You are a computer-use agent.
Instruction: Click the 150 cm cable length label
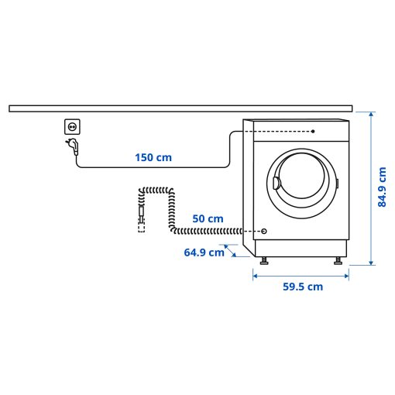(153, 157)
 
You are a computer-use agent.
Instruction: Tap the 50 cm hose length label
(208, 219)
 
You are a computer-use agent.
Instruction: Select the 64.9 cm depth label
(204, 252)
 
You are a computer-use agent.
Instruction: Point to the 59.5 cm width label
(302, 287)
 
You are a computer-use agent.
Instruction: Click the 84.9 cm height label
(382, 189)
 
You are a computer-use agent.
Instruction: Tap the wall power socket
(72, 126)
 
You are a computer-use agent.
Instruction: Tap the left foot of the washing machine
(265, 262)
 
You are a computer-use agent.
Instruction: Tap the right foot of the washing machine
(338, 262)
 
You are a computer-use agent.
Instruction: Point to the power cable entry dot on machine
(313, 132)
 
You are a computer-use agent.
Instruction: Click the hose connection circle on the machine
(264, 231)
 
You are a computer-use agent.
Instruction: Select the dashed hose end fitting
(140, 225)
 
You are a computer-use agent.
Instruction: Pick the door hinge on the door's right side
(337, 184)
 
